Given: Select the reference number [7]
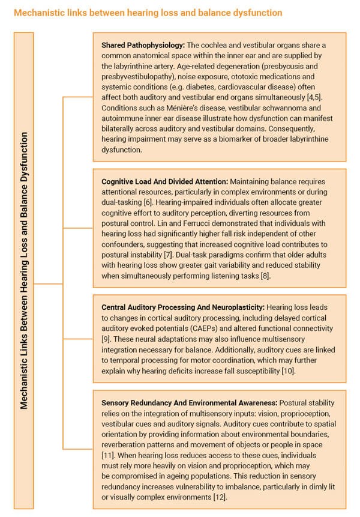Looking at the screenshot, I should click(x=175, y=255).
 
